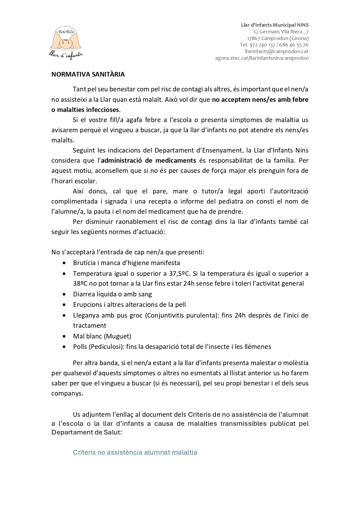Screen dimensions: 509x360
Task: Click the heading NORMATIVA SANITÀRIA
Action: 88,75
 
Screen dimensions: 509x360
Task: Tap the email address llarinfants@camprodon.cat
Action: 276,51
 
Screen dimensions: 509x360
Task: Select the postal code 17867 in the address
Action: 254,38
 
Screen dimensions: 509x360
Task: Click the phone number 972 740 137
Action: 262,45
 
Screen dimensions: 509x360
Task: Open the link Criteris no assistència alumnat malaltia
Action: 135,452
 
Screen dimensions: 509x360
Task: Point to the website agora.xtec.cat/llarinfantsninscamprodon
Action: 262,58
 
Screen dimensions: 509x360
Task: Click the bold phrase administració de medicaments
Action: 149,160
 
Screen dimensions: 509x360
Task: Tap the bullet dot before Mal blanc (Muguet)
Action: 64,336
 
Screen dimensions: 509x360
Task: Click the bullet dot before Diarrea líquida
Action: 64,294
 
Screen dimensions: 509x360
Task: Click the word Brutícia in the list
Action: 84,263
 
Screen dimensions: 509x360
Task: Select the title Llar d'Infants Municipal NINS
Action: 274,25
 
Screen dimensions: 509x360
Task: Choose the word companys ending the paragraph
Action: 67,394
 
